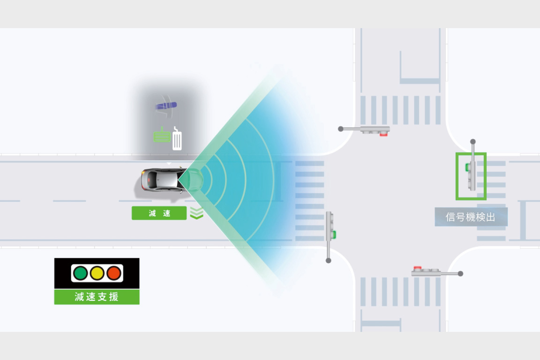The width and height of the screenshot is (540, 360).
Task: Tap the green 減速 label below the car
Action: point(159,213)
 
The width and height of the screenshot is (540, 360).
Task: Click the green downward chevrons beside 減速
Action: point(197,213)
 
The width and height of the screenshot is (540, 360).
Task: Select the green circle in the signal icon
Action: point(81,273)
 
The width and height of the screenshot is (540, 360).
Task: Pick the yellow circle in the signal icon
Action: point(97,273)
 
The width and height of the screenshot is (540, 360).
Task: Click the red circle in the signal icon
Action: point(113,273)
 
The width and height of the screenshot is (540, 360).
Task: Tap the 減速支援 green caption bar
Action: point(97,297)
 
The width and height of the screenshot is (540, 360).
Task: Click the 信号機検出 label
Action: point(471,217)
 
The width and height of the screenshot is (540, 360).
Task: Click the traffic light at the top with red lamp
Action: point(375,130)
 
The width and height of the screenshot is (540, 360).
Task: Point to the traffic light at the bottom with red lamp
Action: point(427,271)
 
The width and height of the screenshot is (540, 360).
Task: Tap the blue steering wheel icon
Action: point(166,106)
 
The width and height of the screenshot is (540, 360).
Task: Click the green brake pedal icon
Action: point(162,135)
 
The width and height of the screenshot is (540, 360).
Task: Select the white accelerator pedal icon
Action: point(177,139)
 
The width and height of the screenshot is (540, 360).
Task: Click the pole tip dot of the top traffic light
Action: point(341,128)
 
